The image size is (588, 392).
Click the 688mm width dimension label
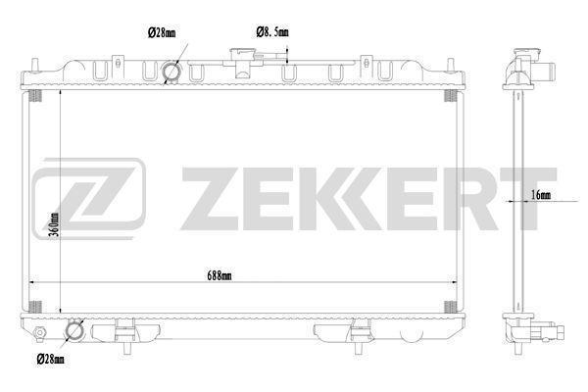point(220,276)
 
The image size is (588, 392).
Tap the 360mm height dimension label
point(55,224)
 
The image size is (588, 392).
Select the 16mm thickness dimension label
point(541,195)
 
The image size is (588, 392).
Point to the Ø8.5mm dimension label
point(272,32)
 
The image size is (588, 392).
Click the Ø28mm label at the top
point(162,32)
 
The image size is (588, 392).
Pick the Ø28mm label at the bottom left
point(51,360)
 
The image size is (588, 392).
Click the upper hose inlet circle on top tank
point(171,72)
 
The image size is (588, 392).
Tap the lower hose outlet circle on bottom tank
point(74,331)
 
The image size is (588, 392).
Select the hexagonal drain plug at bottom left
point(39,332)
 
